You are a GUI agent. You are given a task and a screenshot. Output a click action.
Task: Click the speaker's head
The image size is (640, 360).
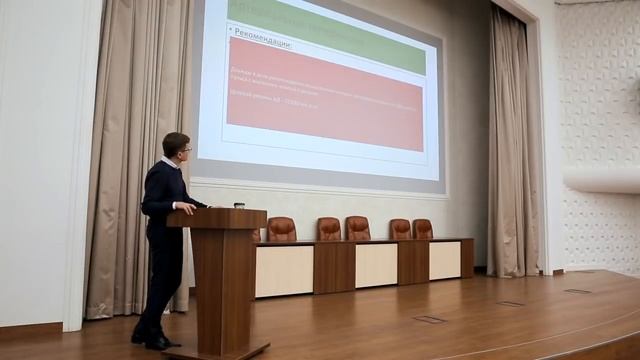coord(176,147)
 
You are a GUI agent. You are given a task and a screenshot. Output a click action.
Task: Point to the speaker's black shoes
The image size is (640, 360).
coord(155,340)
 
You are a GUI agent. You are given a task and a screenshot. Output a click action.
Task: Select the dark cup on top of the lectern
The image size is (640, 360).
coord(239,205)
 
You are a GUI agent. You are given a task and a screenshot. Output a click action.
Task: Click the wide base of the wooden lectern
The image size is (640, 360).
coord(217,350)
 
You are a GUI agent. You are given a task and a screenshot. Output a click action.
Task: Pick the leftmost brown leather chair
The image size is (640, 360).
coord(281,229)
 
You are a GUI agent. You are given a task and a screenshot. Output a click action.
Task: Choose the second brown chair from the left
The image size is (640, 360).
coord(329,229)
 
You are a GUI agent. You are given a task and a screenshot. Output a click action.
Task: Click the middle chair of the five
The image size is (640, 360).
coord(357,228)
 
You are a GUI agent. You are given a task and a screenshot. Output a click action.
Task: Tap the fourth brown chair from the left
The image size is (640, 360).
coord(400,229)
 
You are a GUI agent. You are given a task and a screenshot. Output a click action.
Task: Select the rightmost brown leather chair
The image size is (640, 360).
coord(423,229)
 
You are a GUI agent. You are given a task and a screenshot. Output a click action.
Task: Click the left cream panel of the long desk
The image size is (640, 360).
coord(284,271)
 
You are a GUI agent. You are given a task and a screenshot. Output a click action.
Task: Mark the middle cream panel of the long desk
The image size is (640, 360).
coord(376,265)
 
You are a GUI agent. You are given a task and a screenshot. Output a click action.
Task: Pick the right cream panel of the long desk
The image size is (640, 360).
coord(445,260)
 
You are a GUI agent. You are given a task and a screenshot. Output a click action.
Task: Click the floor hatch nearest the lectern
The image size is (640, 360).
coord(430,319)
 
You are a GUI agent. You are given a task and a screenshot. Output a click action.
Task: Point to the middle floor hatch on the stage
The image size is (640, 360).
coord(510,303)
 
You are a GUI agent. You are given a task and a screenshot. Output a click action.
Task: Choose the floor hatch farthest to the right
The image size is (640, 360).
coord(577,291)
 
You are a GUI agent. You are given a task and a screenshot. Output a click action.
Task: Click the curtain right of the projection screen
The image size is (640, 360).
coord(512,150)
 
